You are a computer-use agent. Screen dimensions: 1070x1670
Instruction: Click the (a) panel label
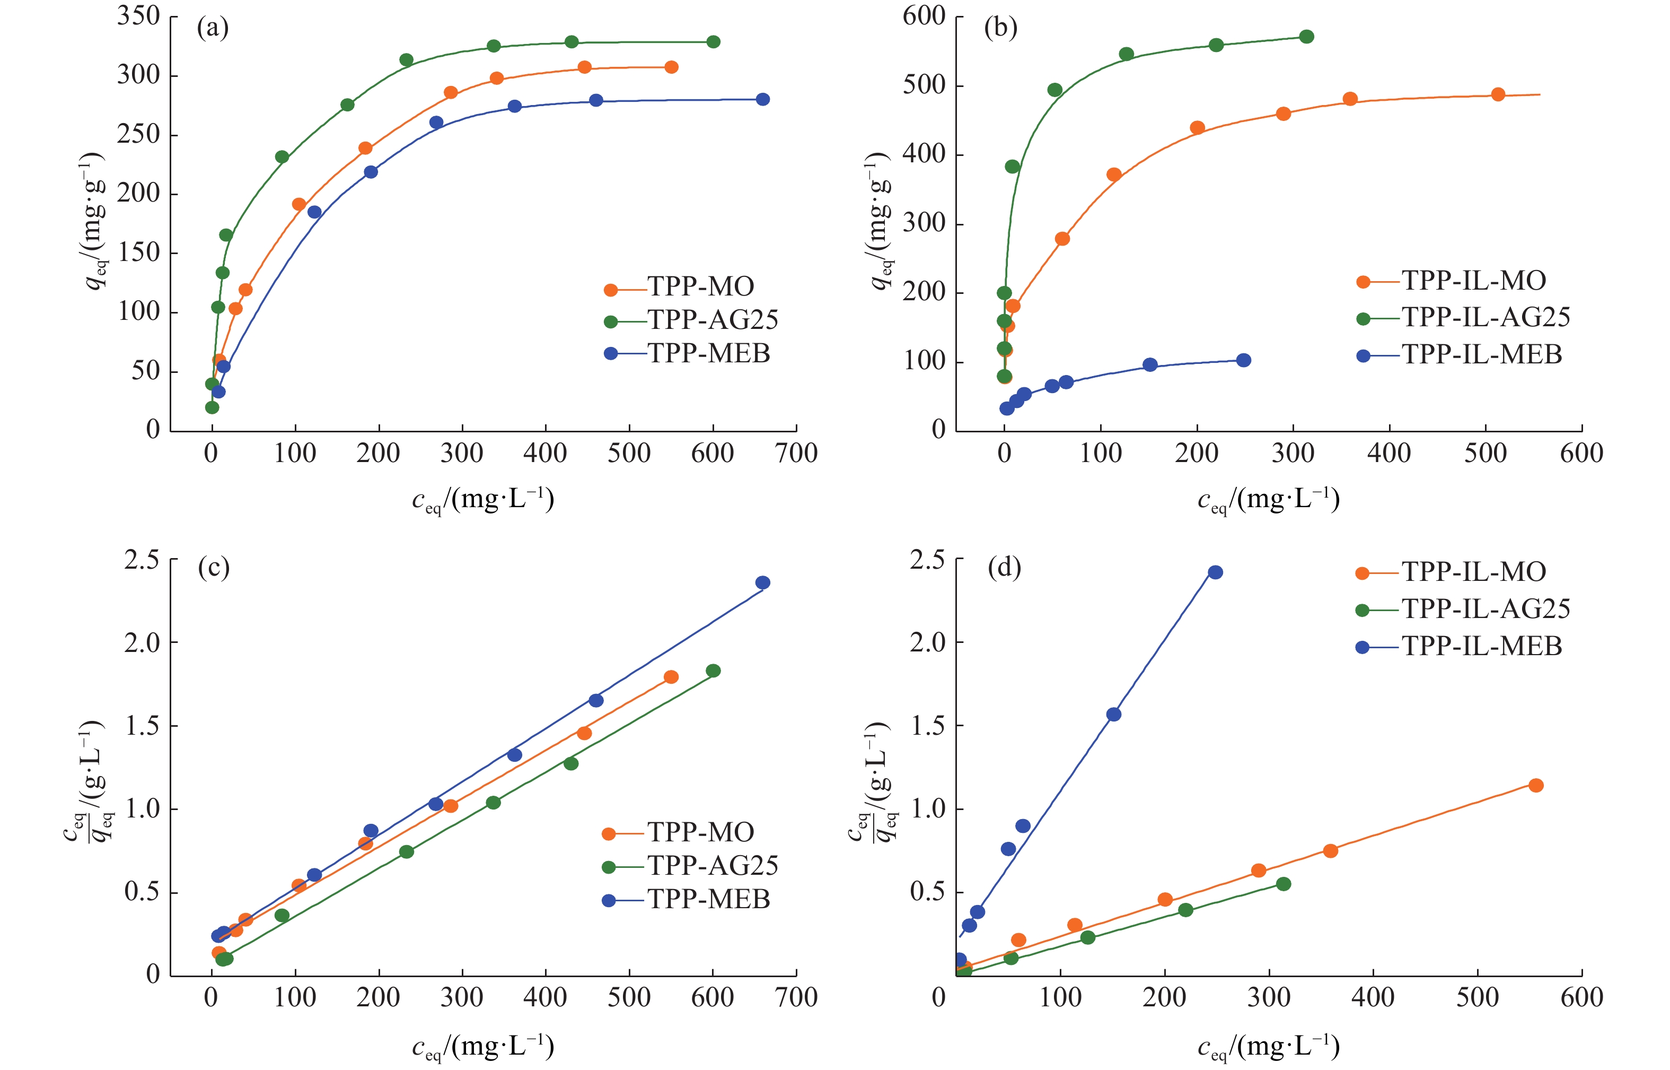213,29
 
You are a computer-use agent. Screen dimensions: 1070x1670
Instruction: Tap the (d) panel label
1004,568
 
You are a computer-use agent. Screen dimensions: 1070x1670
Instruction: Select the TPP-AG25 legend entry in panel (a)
712,320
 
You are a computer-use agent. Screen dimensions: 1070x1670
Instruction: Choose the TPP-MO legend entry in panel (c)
700,832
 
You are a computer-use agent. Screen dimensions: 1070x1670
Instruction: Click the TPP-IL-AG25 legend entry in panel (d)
1484,610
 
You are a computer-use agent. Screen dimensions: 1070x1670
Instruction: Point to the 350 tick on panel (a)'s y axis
139,16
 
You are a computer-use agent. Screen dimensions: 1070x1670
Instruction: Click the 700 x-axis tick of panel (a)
796,454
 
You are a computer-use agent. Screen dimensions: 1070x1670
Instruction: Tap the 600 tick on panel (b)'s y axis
924,16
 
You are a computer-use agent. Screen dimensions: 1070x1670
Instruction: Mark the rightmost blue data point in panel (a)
762,99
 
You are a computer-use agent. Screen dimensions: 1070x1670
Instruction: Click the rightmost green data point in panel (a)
713,42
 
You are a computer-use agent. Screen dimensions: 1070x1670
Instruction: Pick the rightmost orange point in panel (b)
1498,94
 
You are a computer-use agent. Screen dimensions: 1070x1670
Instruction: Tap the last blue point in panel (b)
1244,360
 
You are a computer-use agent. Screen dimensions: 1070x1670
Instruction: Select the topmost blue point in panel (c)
762,583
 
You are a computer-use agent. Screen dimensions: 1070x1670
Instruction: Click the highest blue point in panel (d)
1215,572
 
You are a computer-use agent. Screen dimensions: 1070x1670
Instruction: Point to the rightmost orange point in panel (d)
1536,785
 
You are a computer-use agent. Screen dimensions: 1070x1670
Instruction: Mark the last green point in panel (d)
1283,884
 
